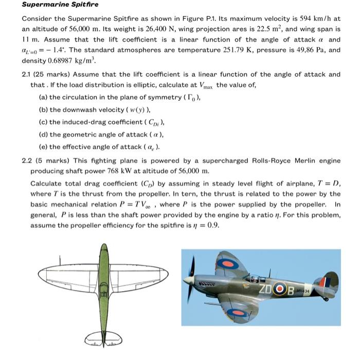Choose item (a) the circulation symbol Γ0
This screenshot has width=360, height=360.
point(190,97)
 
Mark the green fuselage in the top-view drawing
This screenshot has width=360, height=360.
point(104,288)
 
